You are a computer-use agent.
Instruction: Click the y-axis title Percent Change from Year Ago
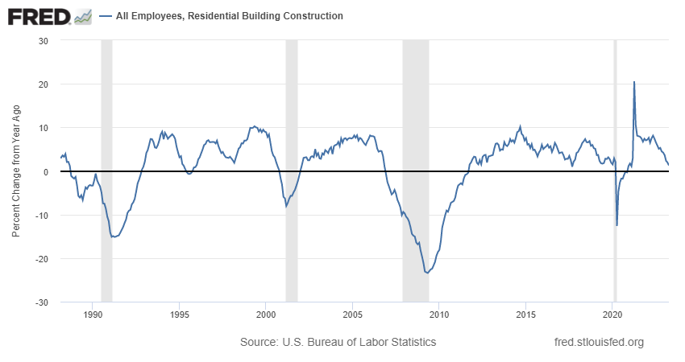pyautogui.click(x=16, y=171)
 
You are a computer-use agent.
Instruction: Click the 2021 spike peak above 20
pyautogui.click(x=634, y=82)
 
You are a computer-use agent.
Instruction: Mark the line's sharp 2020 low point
pyautogui.click(x=617, y=225)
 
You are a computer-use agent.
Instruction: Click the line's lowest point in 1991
pyautogui.click(x=114, y=237)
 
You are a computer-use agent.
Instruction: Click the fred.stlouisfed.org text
pyautogui.click(x=600, y=342)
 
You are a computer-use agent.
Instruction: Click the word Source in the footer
pyautogui.click(x=258, y=342)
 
